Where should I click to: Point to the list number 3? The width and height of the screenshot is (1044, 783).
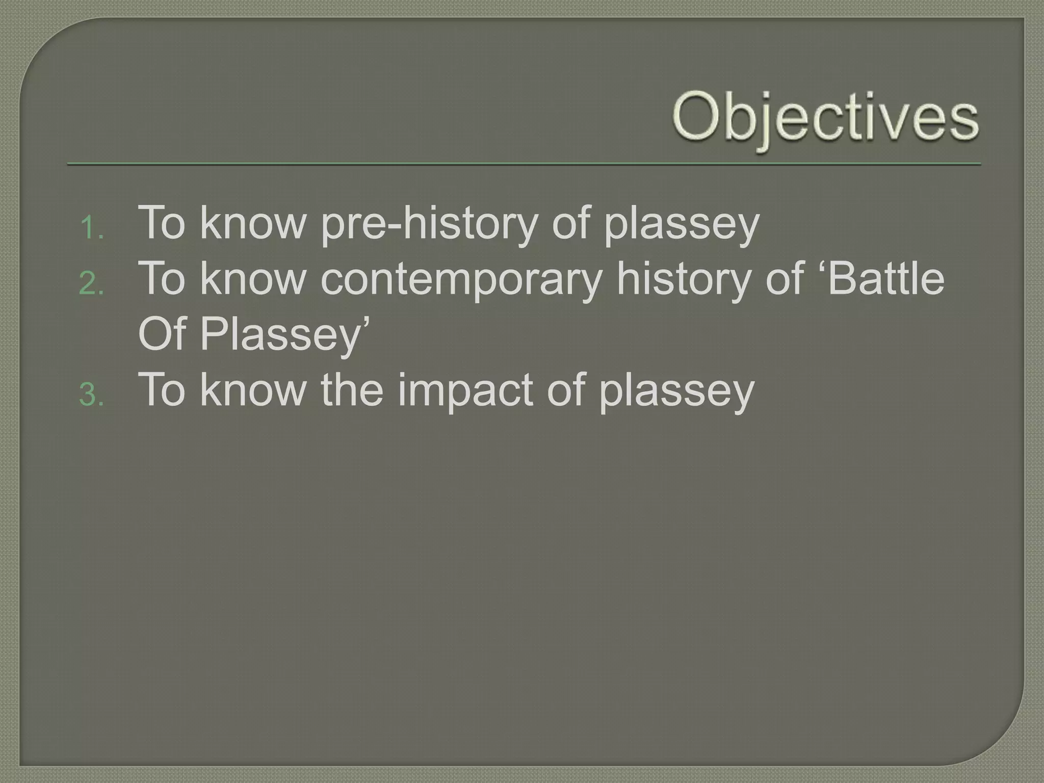click(91, 395)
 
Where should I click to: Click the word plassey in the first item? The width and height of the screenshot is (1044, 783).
click(682, 224)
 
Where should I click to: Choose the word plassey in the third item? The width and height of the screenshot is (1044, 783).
click(676, 391)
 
